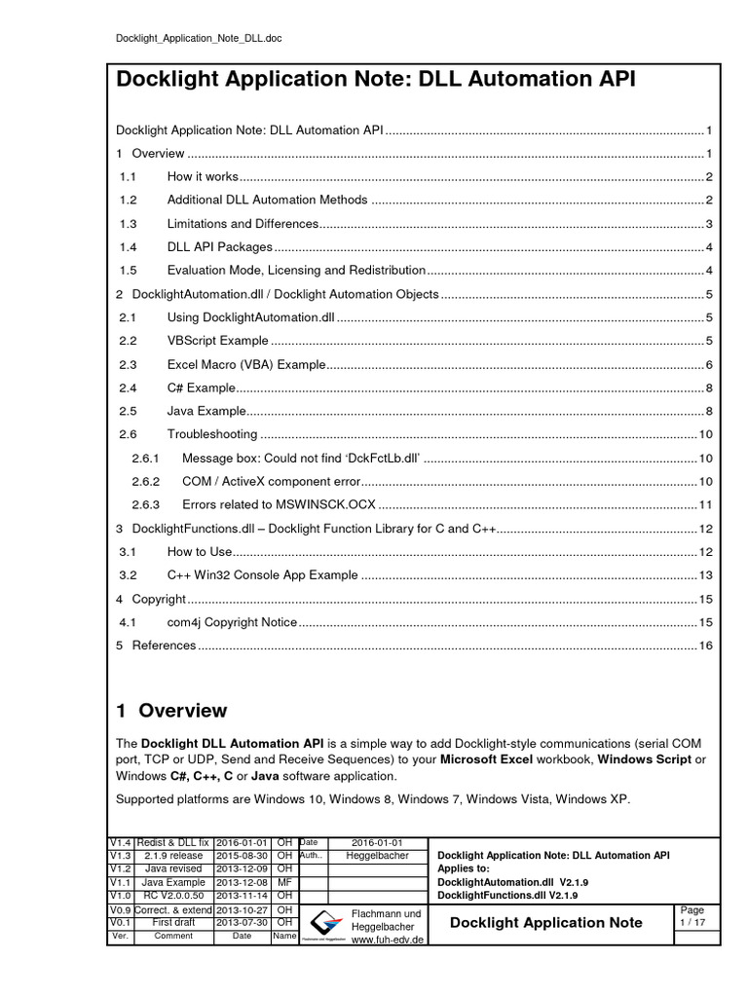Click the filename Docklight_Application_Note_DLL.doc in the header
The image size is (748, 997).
coord(199,38)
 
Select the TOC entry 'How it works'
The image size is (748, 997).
coord(202,176)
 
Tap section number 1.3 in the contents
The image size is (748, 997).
coord(127,223)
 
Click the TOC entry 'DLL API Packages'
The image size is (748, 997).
coord(219,246)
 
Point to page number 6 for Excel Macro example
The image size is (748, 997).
coord(710,364)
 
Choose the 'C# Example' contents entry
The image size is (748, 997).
coord(201,388)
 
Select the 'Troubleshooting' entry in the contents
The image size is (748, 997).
coord(211,434)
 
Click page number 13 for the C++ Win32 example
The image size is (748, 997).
coord(706,574)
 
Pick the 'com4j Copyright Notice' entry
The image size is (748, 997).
coord(231,621)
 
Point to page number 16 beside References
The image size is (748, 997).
coord(706,645)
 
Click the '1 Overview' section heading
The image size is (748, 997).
coord(171,711)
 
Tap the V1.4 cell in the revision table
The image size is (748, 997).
coord(119,842)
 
